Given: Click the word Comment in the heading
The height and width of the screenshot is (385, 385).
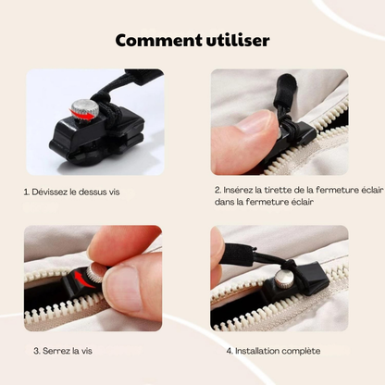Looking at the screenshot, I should click(152, 41).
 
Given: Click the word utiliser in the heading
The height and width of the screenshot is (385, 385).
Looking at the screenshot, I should click(233, 41).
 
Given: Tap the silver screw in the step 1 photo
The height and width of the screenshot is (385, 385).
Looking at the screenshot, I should click(85, 107).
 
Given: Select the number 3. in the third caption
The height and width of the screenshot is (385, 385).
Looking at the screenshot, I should click(37, 352).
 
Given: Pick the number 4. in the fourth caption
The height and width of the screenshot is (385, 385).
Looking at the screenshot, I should click(229, 352).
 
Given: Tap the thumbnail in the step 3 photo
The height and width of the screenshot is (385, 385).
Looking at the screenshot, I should click(121, 289).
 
